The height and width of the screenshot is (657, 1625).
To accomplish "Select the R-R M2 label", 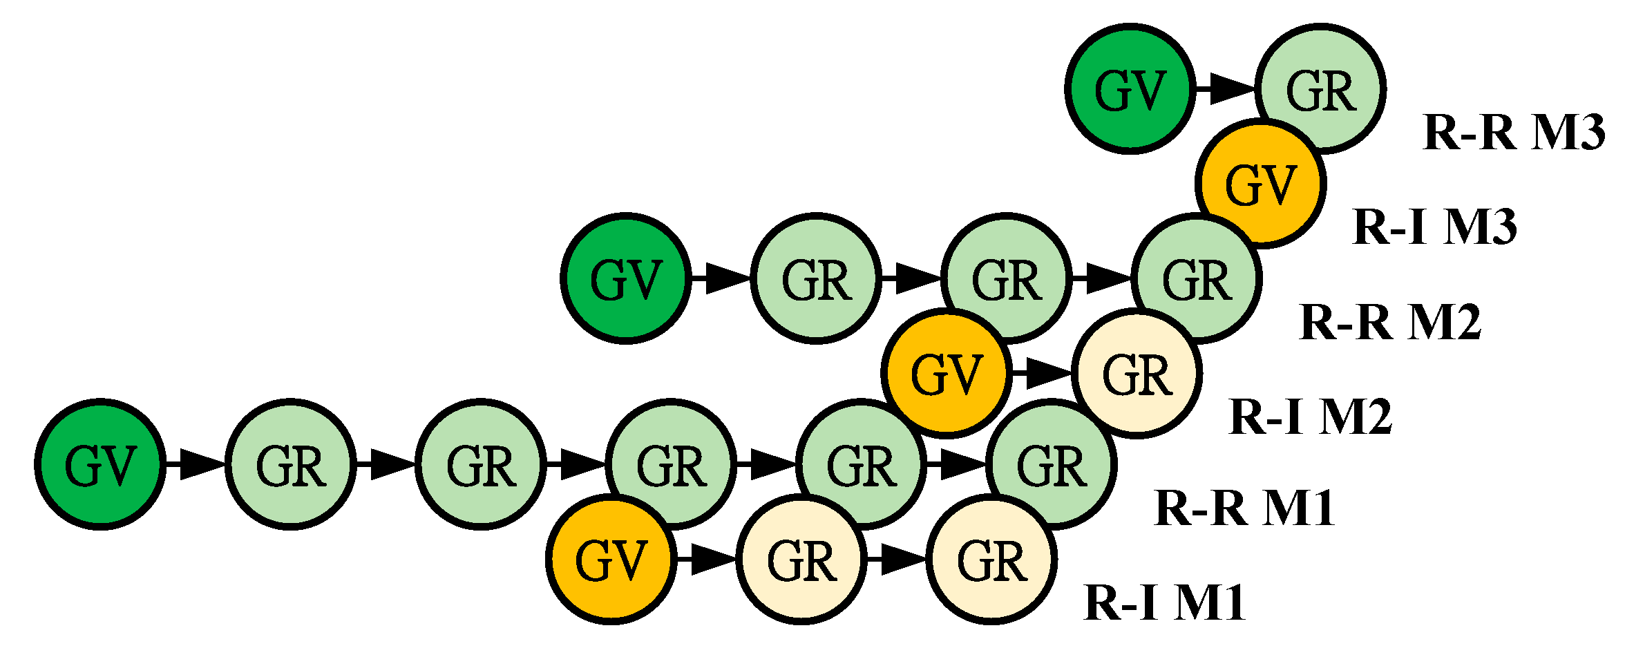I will (x=1390, y=322).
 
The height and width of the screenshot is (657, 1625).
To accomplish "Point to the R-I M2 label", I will (x=1310, y=417).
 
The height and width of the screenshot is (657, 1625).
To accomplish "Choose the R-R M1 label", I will (x=1244, y=509).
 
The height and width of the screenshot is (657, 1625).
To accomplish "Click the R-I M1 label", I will (x=1165, y=603).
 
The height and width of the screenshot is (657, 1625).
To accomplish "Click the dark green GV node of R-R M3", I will (x=1130, y=88).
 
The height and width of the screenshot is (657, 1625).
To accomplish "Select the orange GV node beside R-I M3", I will (x=1261, y=184).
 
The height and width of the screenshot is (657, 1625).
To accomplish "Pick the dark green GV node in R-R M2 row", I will (x=626, y=278).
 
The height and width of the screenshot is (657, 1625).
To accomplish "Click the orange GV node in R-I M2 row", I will (x=947, y=373).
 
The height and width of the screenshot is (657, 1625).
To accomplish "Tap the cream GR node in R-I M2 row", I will (x=1137, y=374).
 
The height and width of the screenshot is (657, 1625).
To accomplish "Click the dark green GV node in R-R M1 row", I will (x=100, y=464).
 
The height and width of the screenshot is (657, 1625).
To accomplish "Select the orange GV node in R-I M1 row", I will (x=611, y=559).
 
